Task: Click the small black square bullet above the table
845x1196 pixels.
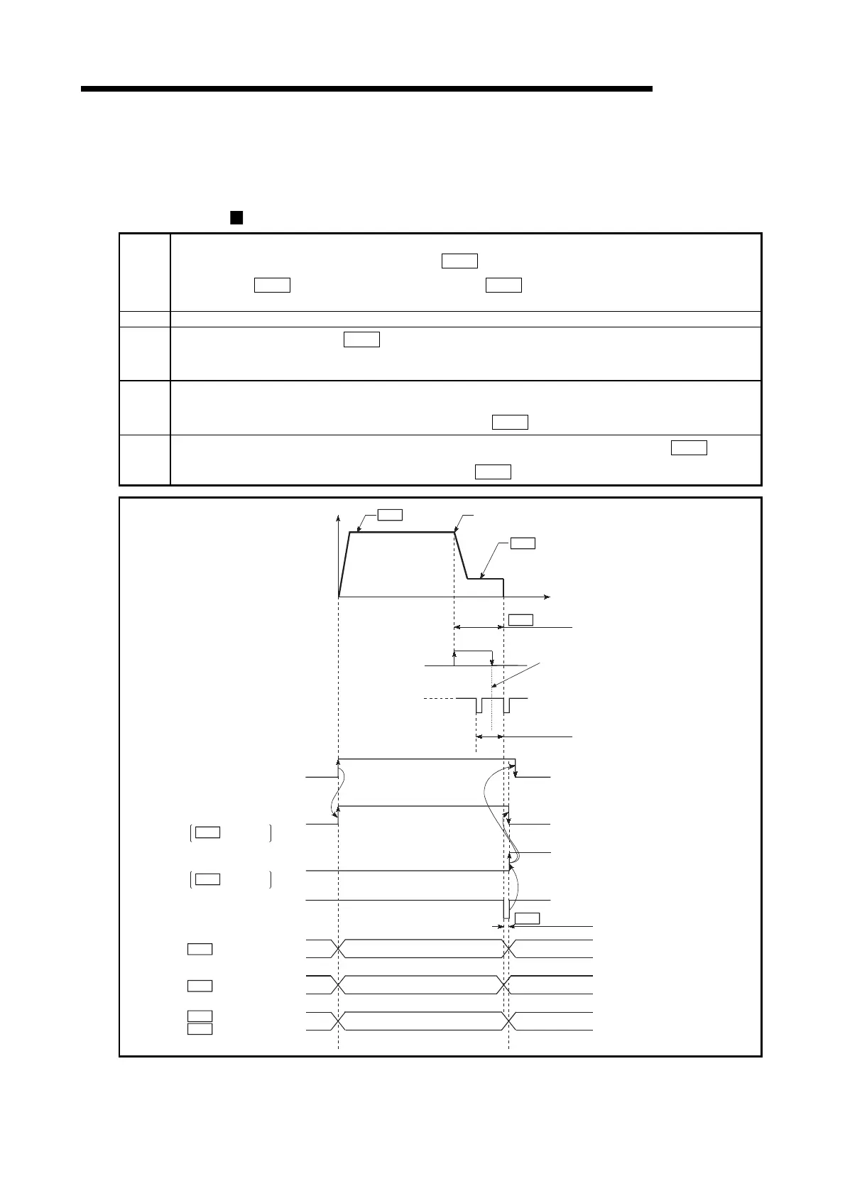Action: click(x=236, y=217)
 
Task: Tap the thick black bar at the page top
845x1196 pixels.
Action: click(x=366, y=89)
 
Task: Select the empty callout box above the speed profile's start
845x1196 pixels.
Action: click(x=390, y=514)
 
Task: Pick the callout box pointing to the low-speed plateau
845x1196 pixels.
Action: click(x=523, y=543)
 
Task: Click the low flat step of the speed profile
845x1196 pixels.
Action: click(x=485, y=579)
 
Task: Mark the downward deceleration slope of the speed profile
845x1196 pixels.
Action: click(x=460, y=555)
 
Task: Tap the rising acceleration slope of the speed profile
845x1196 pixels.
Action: click(x=344, y=565)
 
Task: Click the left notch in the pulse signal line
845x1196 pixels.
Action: click(x=479, y=706)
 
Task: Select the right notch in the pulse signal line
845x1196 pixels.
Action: click(x=505, y=706)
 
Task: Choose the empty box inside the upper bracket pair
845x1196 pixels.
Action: click(x=207, y=832)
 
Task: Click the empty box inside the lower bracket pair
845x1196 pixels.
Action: click(x=207, y=879)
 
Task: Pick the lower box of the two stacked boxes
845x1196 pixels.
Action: click(x=200, y=1029)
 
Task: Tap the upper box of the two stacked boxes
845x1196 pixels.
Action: click(x=200, y=1016)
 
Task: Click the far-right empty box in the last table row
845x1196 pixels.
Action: click(x=689, y=447)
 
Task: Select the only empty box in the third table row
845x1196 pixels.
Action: click(x=361, y=339)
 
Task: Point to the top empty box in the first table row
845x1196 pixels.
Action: click(x=459, y=261)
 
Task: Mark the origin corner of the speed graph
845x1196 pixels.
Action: click(x=339, y=597)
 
